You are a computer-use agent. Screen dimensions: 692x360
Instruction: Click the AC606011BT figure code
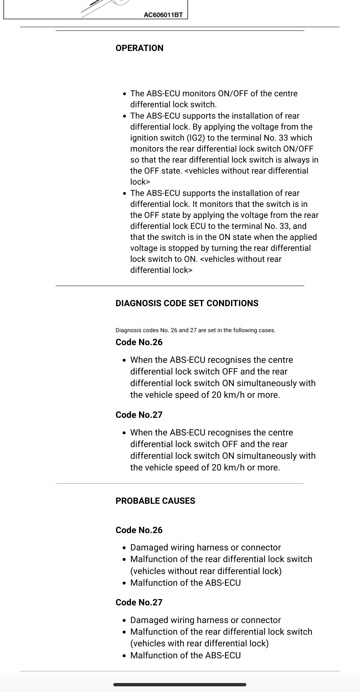click(163, 15)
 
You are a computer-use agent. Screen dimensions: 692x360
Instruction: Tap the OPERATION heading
click(139, 48)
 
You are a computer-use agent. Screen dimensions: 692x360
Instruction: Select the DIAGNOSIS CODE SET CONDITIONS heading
click(187, 303)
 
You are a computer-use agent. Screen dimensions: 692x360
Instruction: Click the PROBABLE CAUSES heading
click(155, 501)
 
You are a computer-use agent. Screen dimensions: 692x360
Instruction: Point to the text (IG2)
click(195, 138)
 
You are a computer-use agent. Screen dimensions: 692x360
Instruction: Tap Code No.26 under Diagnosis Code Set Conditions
click(139, 342)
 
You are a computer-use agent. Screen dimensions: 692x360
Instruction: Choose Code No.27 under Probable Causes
click(139, 602)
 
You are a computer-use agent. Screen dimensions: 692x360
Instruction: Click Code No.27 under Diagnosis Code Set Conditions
click(139, 415)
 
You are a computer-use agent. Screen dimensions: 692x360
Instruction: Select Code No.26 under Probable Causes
click(139, 530)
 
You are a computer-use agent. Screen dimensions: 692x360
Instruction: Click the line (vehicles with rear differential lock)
click(199, 643)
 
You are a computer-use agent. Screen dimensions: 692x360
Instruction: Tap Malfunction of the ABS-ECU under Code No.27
click(185, 655)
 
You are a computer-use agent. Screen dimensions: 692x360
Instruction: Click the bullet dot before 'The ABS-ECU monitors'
click(124, 94)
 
